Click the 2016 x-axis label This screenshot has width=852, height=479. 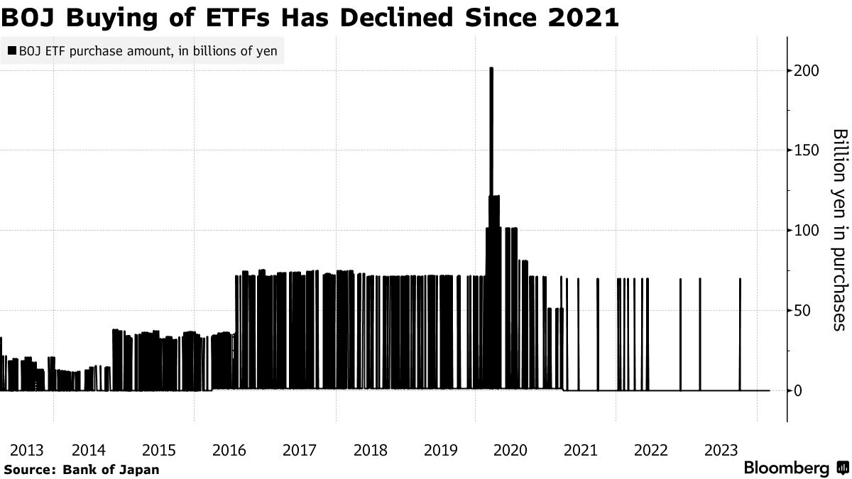(x=229, y=451)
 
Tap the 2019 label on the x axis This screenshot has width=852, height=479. (x=439, y=451)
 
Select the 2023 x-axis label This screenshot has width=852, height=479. (x=721, y=451)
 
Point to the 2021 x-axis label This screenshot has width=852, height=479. (x=580, y=451)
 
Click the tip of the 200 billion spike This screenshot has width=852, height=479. (x=491, y=69)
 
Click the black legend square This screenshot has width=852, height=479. (x=12, y=51)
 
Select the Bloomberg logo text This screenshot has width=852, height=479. (x=786, y=468)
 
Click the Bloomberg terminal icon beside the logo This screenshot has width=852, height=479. (x=843, y=468)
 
